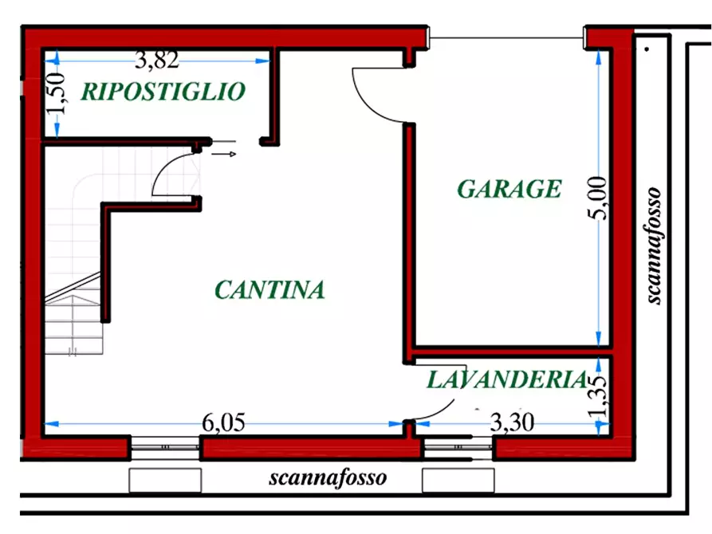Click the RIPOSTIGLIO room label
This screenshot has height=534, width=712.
click(x=163, y=92)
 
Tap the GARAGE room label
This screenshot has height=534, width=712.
click(x=509, y=190)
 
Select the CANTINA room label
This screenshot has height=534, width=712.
click(x=269, y=290)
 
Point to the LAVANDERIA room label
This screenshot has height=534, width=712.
click(x=507, y=380)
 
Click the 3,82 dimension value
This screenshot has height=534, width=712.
click(x=156, y=58)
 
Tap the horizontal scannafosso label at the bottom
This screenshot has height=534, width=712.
click(x=328, y=478)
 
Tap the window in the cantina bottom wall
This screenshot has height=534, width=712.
click(x=164, y=449)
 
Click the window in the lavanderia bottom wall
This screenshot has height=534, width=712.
click(x=458, y=449)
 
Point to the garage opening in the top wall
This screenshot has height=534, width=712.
click(x=507, y=37)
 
